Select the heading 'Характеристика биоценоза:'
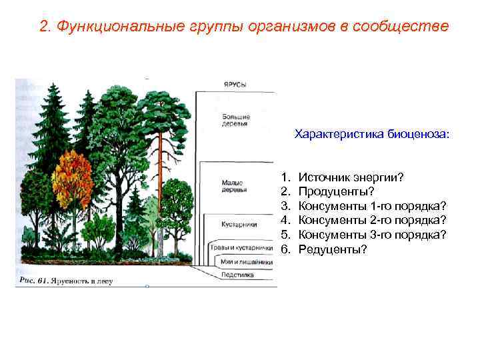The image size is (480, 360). click(x=372, y=134)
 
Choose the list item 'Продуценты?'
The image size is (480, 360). click(x=333, y=192)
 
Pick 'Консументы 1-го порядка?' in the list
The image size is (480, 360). click(x=372, y=206)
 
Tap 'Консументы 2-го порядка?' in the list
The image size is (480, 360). click(x=372, y=220)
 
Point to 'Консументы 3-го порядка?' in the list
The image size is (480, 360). click(x=372, y=235)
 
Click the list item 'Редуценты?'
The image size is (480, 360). click(x=333, y=249)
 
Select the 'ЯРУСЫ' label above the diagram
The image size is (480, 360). click(x=234, y=85)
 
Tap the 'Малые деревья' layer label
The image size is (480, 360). click(x=233, y=186)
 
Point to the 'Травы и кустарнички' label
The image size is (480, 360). click(x=242, y=248)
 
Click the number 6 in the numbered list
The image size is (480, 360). click(x=285, y=249)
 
